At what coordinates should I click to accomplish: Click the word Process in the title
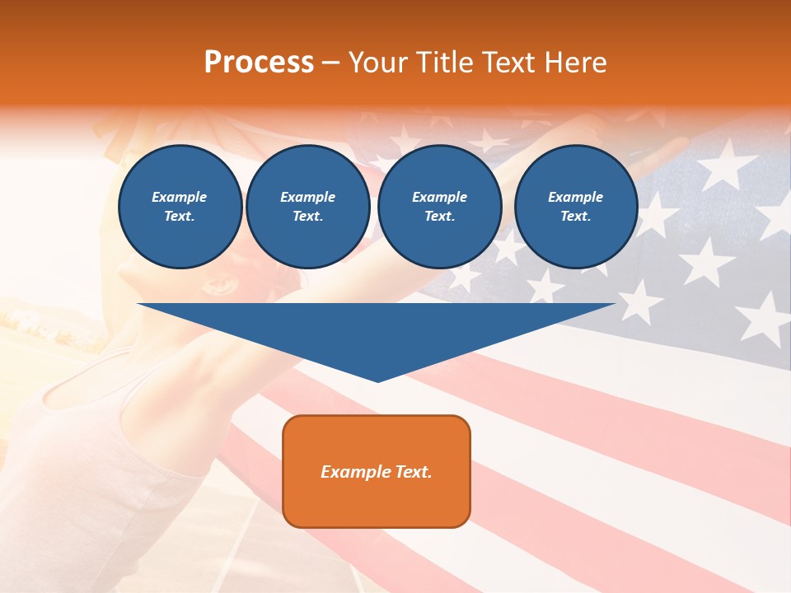259,63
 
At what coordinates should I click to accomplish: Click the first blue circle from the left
180,207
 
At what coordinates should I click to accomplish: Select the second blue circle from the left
308,207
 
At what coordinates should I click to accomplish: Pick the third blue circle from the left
440,207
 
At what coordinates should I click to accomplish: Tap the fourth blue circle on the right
576,207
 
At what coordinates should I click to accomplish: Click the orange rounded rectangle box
377,471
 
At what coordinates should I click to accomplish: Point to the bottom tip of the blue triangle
377,381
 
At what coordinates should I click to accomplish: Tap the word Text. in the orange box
413,472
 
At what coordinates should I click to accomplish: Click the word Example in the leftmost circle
180,197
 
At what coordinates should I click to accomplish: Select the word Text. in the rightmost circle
576,217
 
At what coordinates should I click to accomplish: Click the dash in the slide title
331,63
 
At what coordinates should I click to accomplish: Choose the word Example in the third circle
440,197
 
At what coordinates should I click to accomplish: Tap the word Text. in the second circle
308,217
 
